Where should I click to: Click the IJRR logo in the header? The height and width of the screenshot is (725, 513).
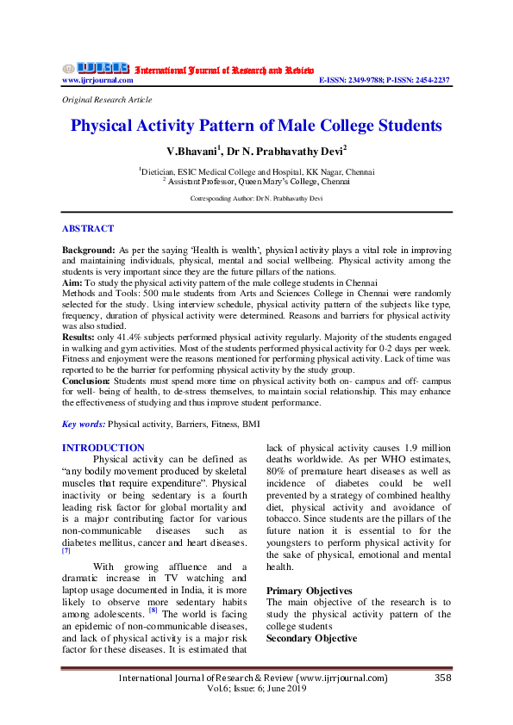point(95,68)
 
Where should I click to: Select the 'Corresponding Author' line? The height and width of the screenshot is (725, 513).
point(256,198)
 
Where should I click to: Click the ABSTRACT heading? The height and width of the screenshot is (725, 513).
point(87,228)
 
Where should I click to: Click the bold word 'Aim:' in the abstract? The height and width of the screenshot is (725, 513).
point(72,282)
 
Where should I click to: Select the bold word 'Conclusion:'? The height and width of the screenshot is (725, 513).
point(86,380)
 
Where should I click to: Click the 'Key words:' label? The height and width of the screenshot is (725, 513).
point(84,424)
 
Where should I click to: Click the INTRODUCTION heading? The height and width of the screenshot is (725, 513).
point(103,448)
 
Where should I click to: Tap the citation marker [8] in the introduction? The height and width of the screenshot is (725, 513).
point(153,610)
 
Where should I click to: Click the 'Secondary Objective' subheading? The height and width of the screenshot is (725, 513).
point(311,638)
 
